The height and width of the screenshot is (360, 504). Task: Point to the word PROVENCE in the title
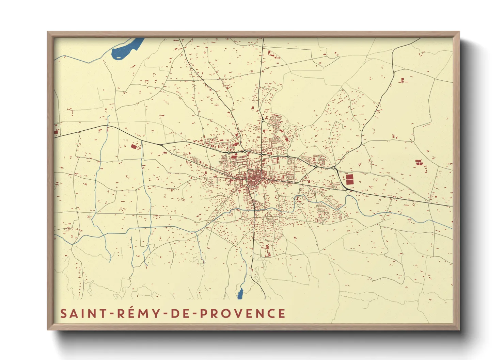[242, 313]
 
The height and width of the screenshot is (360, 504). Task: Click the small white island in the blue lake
[119, 57]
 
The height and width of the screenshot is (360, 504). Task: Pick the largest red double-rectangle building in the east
[349, 180]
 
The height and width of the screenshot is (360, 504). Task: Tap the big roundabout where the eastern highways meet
[333, 168]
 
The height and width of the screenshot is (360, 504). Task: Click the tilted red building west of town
[134, 146]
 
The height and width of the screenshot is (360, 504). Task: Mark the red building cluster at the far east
[419, 162]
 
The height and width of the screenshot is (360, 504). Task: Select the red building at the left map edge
[56, 132]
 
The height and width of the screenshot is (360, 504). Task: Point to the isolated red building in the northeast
[403, 80]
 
